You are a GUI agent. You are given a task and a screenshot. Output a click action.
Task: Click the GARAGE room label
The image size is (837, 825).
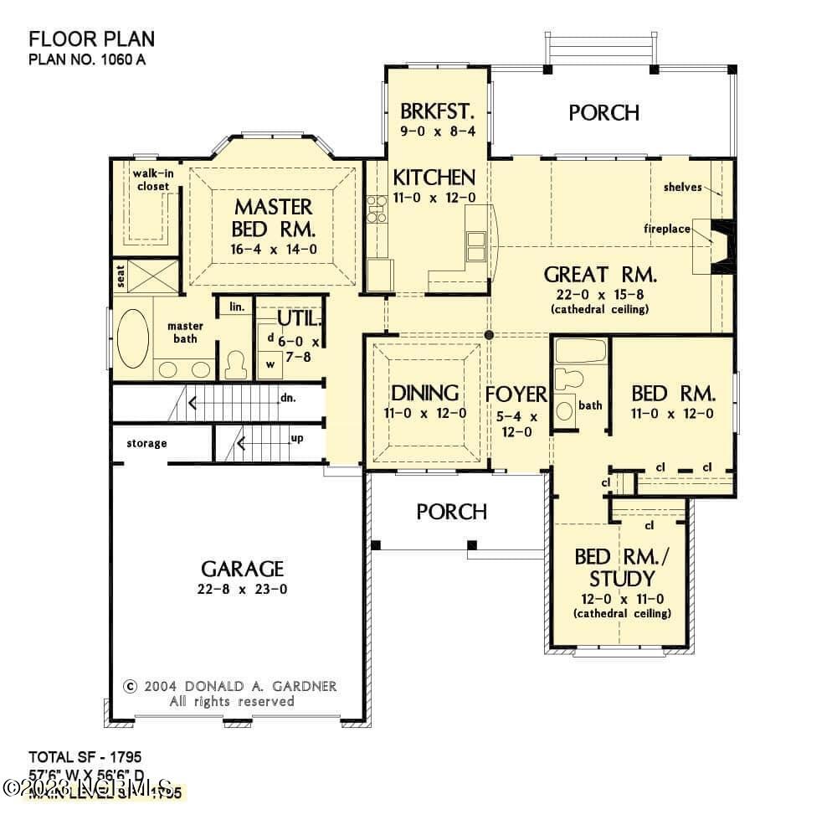(x=242, y=570)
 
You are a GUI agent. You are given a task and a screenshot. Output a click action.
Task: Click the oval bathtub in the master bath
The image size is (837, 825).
(x=132, y=339)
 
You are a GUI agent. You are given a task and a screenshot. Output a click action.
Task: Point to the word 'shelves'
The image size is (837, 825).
(x=684, y=188)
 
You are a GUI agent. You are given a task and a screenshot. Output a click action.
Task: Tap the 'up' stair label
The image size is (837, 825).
(x=296, y=438)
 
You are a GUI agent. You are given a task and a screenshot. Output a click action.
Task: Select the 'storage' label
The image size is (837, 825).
(x=146, y=443)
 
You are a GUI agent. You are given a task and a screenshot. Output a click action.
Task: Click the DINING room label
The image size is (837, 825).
(x=426, y=393)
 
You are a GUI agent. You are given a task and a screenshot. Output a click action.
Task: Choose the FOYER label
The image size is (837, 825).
(x=516, y=394)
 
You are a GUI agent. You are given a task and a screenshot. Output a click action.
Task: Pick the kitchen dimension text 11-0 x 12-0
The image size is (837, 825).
(x=434, y=198)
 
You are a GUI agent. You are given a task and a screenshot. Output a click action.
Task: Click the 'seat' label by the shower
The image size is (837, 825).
(x=121, y=275)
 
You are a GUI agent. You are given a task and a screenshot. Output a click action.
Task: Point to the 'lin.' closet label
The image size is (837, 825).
(x=236, y=307)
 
